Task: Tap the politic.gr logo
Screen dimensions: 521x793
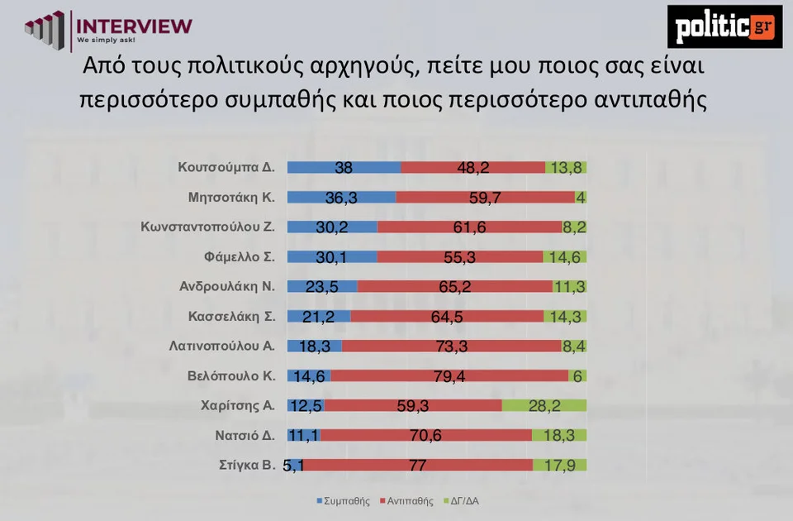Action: [x=724, y=26]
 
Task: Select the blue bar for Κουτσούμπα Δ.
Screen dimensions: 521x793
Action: [x=344, y=167]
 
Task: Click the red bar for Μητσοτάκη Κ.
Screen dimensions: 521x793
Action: [x=485, y=197]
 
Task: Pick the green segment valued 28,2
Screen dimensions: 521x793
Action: [x=544, y=405]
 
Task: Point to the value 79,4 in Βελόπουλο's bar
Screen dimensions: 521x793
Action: [x=449, y=375]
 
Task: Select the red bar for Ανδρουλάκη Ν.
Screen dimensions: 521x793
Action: [x=454, y=286]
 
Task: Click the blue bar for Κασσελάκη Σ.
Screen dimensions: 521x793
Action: [x=319, y=316]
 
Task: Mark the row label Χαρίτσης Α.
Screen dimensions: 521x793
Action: [x=238, y=405]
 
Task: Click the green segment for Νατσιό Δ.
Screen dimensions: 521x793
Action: [x=558, y=435]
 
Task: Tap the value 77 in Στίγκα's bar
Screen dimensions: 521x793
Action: [x=417, y=465]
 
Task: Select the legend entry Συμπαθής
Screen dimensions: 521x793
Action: [x=342, y=500]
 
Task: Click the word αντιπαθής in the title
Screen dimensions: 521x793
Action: [x=650, y=99]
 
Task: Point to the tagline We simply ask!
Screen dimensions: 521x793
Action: [x=106, y=39]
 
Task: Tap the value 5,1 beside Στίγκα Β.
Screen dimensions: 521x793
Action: [x=293, y=465]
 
